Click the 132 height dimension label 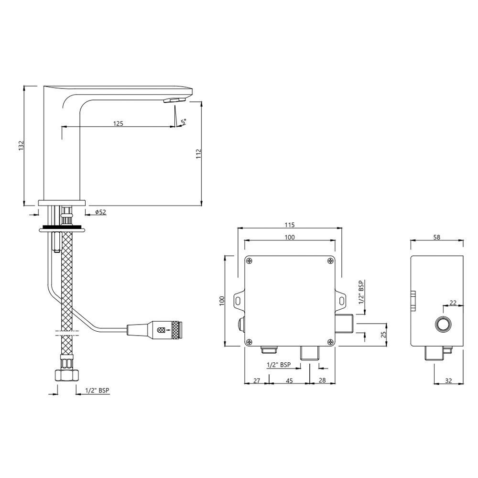(x=21, y=146)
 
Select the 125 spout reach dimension (x=118, y=123)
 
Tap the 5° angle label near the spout (x=184, y=122)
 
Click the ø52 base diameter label (x=100, y=212)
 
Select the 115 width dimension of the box (x=290, y=225)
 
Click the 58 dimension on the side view (x=437, y=236)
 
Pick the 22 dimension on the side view (x=453, y=303)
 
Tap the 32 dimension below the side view (x=448, y=380)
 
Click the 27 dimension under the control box (x=256, y=380)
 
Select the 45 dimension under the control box (x=290, y=380)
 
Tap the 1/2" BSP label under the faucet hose (x=97, y=391)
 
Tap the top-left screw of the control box (x=250, y=261)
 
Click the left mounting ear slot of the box (x=237, y=300)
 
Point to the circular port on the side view (x=443, y=325)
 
